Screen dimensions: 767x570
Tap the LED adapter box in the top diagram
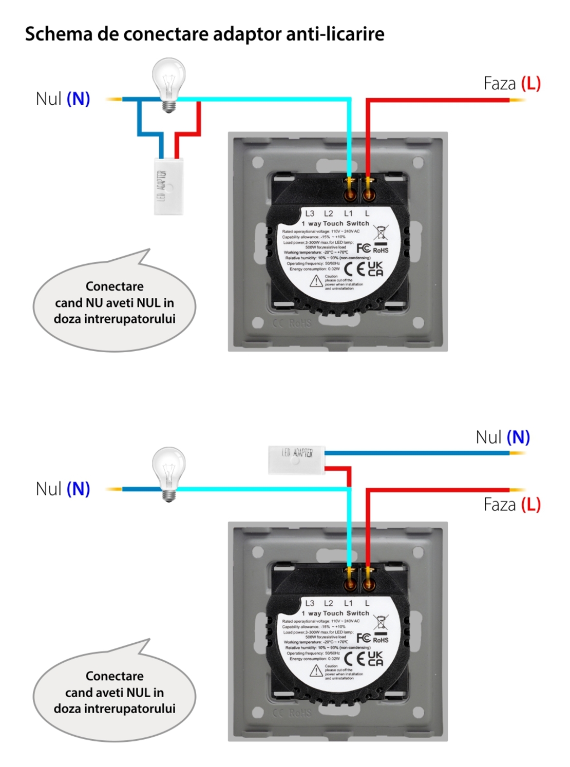tap(169, 186)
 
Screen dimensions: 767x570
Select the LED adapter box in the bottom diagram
tap(296, 459)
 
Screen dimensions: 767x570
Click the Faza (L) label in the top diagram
tap(512, 83)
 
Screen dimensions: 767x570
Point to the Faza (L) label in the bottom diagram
tap(512, 505)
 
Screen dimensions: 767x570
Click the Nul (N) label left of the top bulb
tap(63, 99)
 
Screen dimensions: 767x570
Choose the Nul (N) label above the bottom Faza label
tap(503, 437)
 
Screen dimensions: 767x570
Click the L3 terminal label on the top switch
tap(310, 214)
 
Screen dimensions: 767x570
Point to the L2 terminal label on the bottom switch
tap(329, 603)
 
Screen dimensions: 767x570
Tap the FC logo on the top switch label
tap(364, 248)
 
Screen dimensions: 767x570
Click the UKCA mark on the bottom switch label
tap(375, 659)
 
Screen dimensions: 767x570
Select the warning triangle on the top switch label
tap(316, 281)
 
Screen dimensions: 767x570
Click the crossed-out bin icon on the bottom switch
tap(381, 622)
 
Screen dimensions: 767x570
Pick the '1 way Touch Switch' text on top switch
tap(335, 224)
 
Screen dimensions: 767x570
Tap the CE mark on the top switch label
tap(354, 269)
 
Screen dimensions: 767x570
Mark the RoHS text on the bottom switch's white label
tap(381, 640)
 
